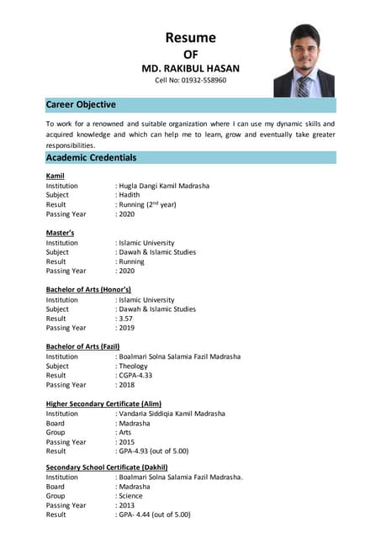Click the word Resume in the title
coord(190,37)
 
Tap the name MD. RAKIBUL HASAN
coord(190,67)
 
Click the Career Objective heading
coord(81,105)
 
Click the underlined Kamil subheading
coord(56,175)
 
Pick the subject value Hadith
coord(130,195)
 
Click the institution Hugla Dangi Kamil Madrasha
coord(164,185)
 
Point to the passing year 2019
coord(127,329)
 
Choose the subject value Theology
coord(134,367)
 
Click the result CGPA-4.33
coord(139,376)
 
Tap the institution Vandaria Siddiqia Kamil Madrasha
coord(172,414)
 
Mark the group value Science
coord(134,496)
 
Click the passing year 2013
coord(127,505)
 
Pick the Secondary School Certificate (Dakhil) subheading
coord(107,467)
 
